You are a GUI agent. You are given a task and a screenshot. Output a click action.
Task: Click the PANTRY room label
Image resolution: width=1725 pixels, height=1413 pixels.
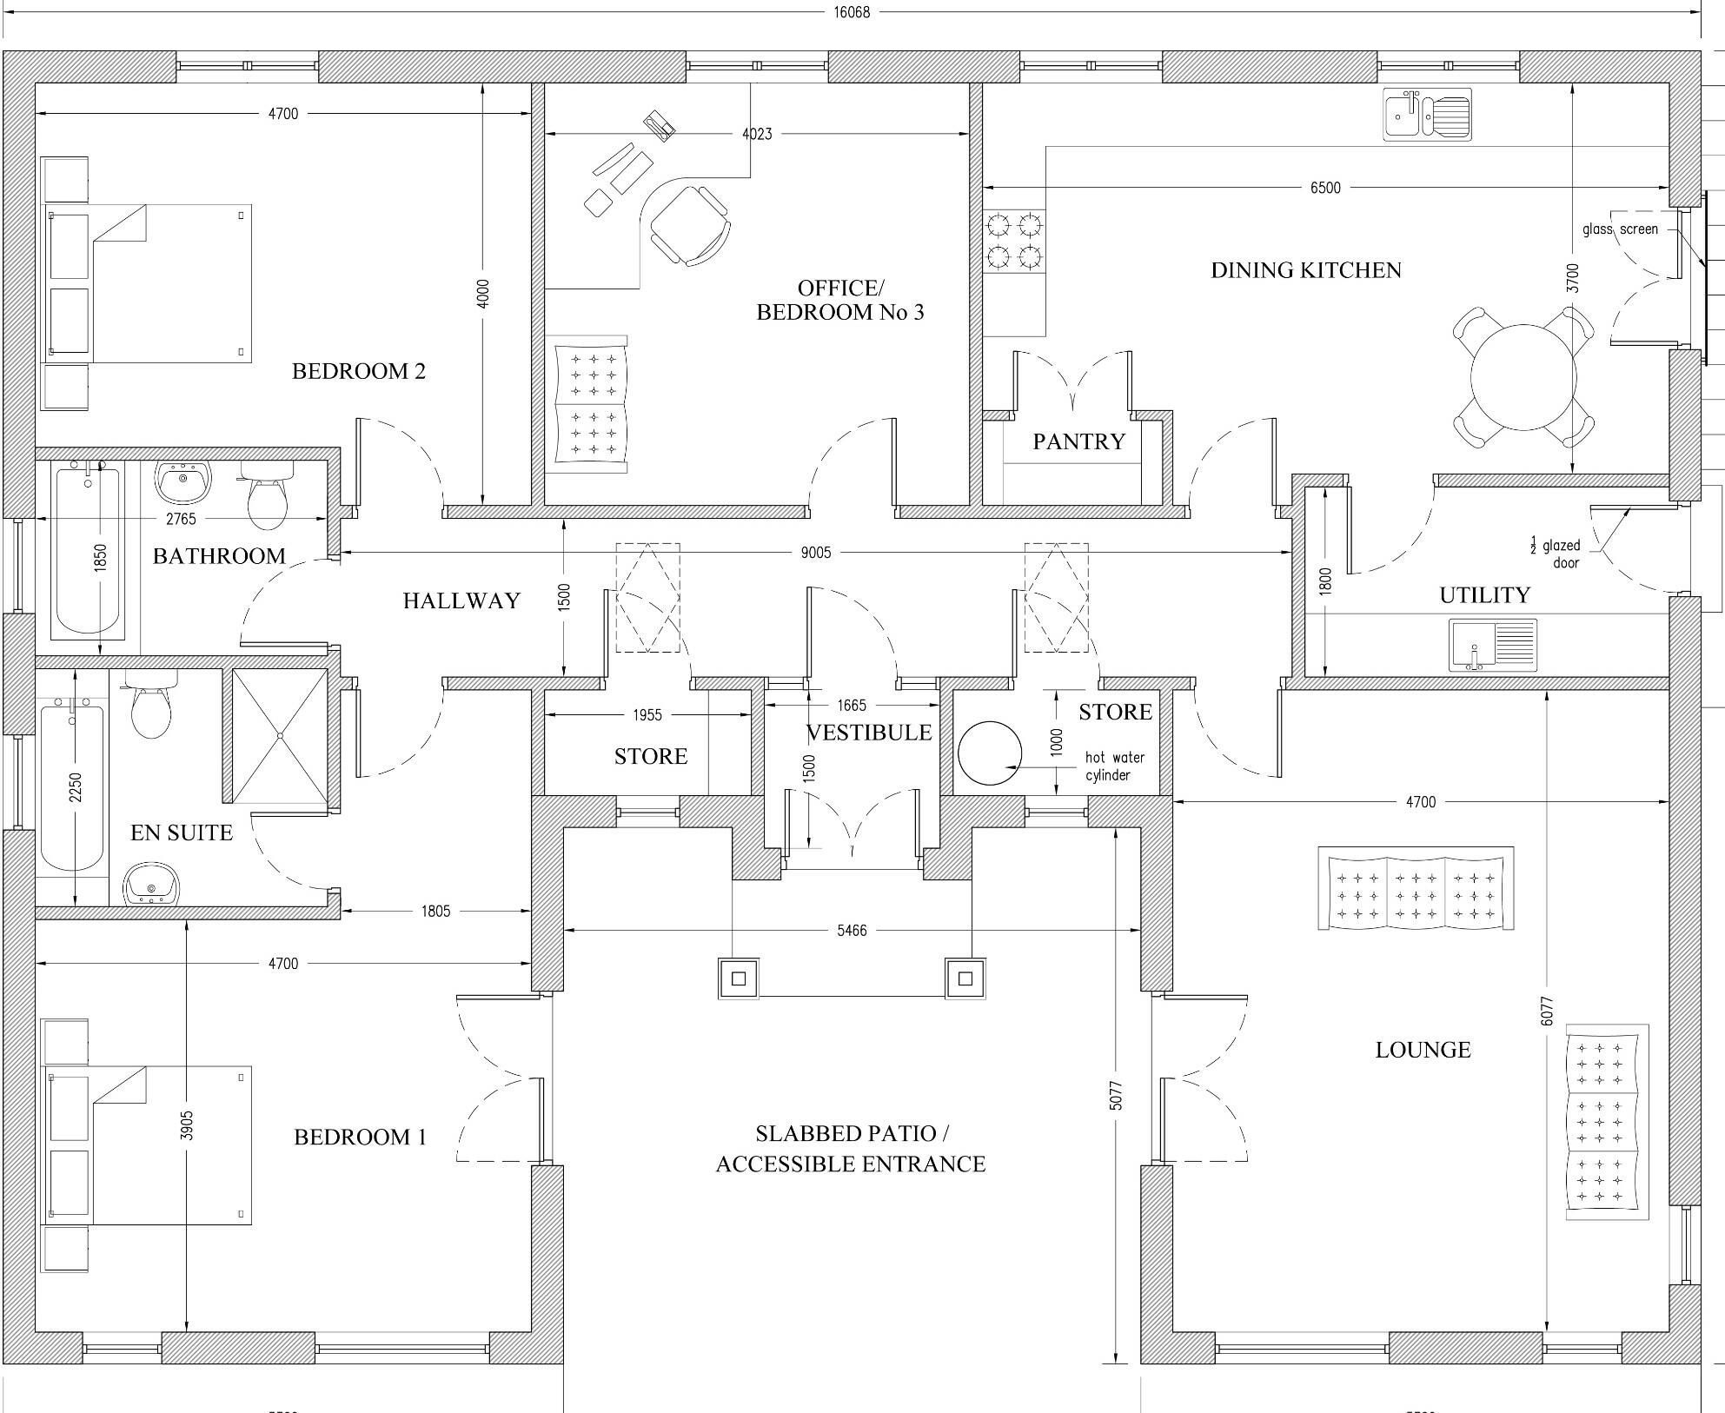[x=1078, y=441]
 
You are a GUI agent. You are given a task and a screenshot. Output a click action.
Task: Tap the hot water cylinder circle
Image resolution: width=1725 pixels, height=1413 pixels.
[x=990, y=753]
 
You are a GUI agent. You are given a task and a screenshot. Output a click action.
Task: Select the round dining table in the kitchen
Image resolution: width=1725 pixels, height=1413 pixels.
[x=1523, y=377]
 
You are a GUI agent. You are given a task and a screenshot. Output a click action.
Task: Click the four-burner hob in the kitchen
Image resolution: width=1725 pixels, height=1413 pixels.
[x=1014, y=242]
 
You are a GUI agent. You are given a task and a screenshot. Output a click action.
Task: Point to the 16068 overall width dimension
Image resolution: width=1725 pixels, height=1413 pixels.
[x=852, y=12]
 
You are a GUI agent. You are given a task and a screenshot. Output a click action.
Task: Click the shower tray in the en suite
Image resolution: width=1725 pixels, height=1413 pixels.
[x=280, y=735]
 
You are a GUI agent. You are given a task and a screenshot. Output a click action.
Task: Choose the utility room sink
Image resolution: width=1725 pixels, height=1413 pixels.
[x=1492, y=645]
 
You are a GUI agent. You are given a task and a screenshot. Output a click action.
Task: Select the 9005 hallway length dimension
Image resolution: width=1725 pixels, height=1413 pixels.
[x=816, y=553]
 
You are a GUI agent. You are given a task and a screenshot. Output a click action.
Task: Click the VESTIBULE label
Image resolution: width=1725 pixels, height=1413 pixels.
[x=869, y=733]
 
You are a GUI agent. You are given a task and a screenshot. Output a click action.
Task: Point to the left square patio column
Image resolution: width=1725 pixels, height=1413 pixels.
[x=738, y=978]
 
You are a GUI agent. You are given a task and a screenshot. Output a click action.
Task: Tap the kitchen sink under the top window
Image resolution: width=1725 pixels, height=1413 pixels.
[x=1427, y=115]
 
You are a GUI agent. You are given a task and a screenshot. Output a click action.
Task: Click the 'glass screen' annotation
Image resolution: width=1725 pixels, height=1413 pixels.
[x=1620, y=229]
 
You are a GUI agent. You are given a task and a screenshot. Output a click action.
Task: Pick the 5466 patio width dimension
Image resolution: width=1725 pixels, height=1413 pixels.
[x=852, y=930]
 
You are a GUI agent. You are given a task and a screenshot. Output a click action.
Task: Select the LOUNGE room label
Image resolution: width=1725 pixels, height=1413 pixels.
[x=1423, y=1050]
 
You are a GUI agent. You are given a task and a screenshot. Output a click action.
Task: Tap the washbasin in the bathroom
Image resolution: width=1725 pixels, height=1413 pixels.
[x=182, y=481]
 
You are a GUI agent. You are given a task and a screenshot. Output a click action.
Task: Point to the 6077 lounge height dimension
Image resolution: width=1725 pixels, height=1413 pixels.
[x=1547, y=1011]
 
